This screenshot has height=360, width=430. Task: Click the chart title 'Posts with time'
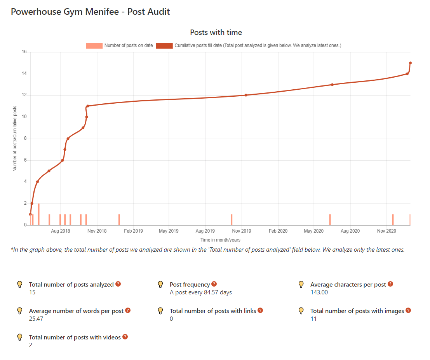point(216,32)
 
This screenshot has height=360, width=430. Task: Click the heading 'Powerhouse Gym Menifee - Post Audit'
point(90,12)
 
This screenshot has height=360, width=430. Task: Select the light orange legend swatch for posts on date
point(94,46)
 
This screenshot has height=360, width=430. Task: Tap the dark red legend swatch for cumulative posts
point(164,46)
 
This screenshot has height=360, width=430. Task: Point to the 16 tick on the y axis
point(24,52)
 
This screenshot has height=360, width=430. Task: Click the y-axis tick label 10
point(24,117)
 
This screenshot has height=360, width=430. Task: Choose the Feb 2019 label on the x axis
point(133,231)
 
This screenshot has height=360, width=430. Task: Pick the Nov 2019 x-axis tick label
point(242,231)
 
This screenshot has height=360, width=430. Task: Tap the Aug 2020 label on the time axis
point(350,231)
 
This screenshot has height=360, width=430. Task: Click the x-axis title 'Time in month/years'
point(220,240)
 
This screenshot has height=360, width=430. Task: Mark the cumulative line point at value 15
point(410,63)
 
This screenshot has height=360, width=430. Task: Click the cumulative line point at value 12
point(246,95)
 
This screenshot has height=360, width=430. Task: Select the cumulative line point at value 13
point(332,85)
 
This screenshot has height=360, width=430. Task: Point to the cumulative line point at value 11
point(88,106)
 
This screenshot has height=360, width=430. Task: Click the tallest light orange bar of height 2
point(38,214)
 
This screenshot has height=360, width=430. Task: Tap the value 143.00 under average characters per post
point(319,292)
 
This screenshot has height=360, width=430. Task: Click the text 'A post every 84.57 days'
point(200,292)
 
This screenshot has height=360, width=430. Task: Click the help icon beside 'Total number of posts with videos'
point(125,337)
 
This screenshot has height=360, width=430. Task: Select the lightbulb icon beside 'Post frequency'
point(160,285)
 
